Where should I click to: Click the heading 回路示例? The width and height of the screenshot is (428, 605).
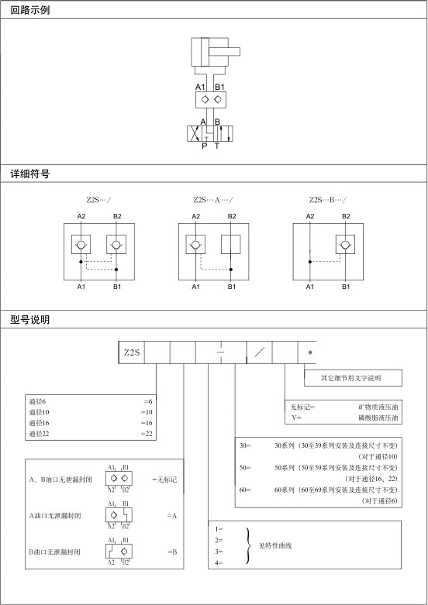coord(29,10)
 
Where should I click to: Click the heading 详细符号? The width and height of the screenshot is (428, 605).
coord(29,174)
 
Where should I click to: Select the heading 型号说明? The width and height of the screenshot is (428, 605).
coord(29,320)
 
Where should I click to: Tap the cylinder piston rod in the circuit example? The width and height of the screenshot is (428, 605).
coord(224,52)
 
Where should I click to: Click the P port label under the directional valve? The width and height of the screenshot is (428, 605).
coord(205,146)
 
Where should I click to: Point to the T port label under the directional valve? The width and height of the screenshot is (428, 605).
coord(216,146)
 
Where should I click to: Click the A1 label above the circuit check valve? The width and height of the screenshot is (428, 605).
coord(200,87)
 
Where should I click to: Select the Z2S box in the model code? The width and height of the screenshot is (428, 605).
coord(132,352)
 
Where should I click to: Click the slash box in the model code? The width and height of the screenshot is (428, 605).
coord(259,352)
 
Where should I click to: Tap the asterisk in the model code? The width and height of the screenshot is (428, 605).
coord(310,352)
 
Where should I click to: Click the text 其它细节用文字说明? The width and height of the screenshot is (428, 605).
coord(350,378)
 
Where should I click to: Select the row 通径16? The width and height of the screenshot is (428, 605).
coord(91,423)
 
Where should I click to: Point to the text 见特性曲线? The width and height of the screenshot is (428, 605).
coord(275,545)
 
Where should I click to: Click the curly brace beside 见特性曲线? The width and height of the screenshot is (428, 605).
coord(248,545)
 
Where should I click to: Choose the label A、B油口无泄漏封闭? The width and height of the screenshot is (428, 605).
coord(60,480)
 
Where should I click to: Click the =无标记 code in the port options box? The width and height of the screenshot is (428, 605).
coord(164,480)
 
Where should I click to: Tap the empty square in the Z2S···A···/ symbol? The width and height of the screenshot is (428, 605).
coord(230,244)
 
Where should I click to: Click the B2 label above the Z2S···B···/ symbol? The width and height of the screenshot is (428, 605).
coord(346,216)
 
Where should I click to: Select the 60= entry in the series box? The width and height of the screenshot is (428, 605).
coord(245,490)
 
